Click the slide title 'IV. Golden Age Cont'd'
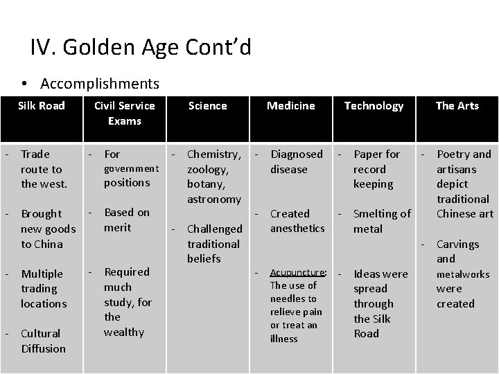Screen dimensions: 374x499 pos(141,48)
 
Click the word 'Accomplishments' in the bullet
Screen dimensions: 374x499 pos(100,84)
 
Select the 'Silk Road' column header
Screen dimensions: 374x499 pos(42,106)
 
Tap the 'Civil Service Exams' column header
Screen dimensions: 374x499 pos(125,113)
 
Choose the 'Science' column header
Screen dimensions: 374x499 pos(207,106)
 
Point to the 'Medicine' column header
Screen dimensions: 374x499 pos(291,106)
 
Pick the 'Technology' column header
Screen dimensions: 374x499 pos(374,106)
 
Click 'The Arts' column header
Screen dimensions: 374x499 pos(457,106)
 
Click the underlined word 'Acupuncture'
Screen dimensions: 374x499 pos(298,271)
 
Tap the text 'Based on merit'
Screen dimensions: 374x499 pos(126,220)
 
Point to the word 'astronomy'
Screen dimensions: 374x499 pos(214,199)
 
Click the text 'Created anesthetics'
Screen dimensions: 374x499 pos(297,221)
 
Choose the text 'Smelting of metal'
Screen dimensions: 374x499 pos(381,221)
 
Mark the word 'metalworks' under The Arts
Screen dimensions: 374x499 pos(463,274)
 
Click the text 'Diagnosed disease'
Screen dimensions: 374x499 pos(297,161)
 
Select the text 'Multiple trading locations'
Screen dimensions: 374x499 pos(43,288)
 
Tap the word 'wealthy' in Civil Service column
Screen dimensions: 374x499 pos(124,332)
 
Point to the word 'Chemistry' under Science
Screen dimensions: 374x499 pos(213,154)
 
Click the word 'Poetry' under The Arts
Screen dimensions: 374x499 pos(454,154)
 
